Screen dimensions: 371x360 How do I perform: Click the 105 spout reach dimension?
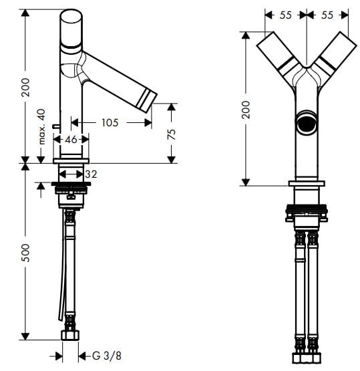point(110,122)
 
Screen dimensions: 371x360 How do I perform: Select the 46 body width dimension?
point(70,139)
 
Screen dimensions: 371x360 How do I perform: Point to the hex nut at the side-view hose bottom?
point(70,335)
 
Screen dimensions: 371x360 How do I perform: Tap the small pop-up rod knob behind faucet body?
point(53,125)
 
